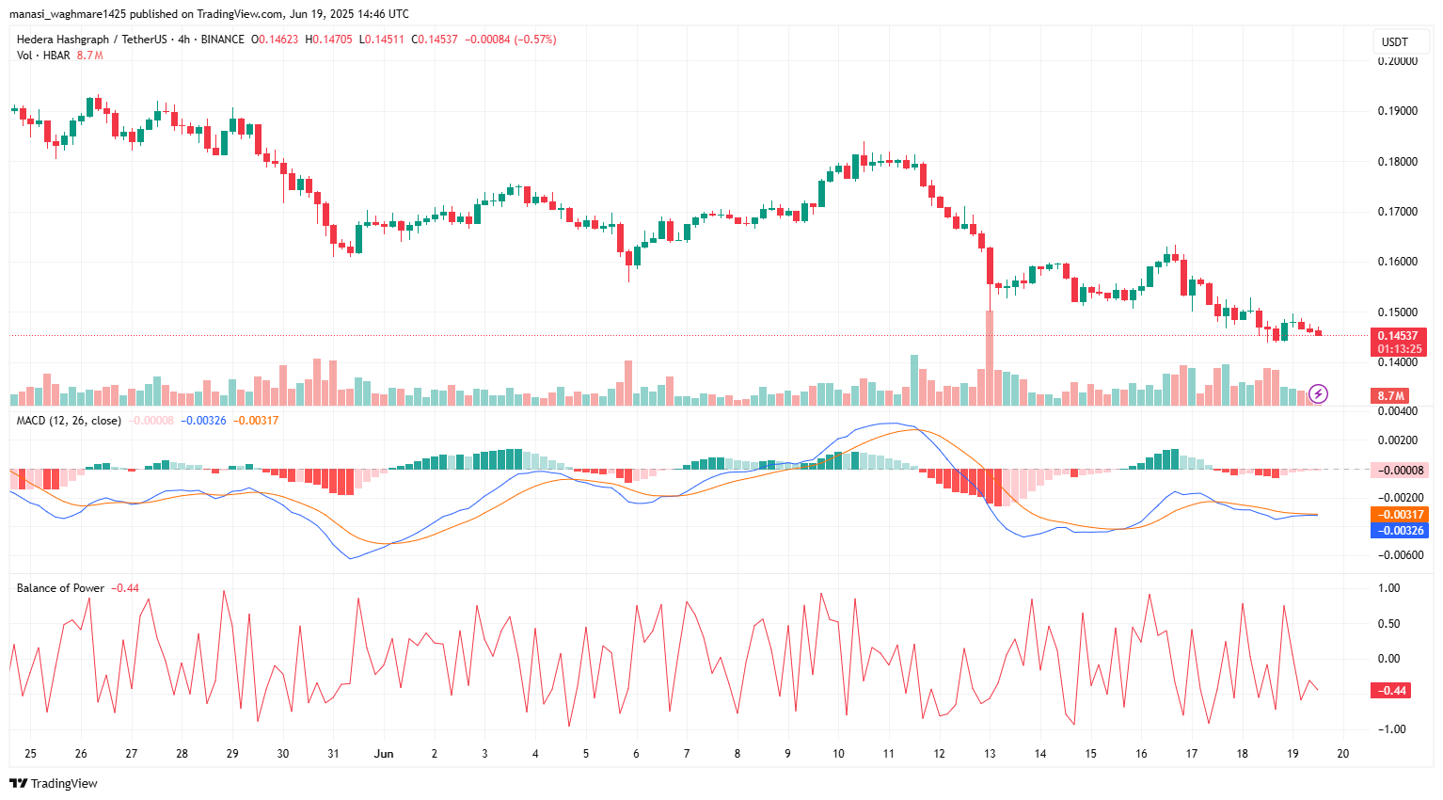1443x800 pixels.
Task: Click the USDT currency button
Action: [1394, 41]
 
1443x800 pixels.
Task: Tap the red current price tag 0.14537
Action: [1397, 336]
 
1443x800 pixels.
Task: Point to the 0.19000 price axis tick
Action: [1397, 111]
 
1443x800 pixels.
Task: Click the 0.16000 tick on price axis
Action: [1397, 262]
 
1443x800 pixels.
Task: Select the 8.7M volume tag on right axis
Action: [1391, 396]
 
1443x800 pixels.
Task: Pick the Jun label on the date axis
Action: [383, 754]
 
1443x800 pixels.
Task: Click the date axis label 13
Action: [990, 754]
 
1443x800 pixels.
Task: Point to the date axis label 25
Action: [31, 754]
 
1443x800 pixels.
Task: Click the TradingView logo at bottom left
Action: [54, 783]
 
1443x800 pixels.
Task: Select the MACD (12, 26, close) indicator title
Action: [69, 421]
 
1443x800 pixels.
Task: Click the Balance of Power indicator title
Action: [60, 588]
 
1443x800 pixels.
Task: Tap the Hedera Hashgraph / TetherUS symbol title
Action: [91, 40]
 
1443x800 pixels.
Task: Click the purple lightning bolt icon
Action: [1318, 393]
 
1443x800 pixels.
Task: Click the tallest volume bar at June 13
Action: [990, 358]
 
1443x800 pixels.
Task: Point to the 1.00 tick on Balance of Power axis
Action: [1388, 588]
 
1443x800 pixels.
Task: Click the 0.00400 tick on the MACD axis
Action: [1397, 411]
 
